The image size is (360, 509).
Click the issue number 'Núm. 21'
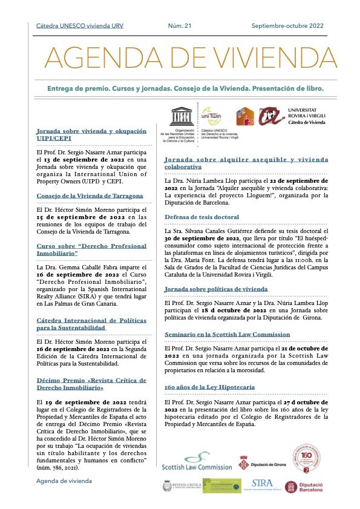[180, 25]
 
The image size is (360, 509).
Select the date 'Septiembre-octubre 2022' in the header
[287, 25]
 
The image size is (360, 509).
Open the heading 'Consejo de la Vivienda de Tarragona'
[90, 195]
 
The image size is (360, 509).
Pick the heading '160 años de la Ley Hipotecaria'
[209, 369]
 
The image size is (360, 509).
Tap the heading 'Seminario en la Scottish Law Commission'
[227, 334]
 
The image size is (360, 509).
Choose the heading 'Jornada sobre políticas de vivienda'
[216, 289]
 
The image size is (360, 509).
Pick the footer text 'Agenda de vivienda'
[64, 481]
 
